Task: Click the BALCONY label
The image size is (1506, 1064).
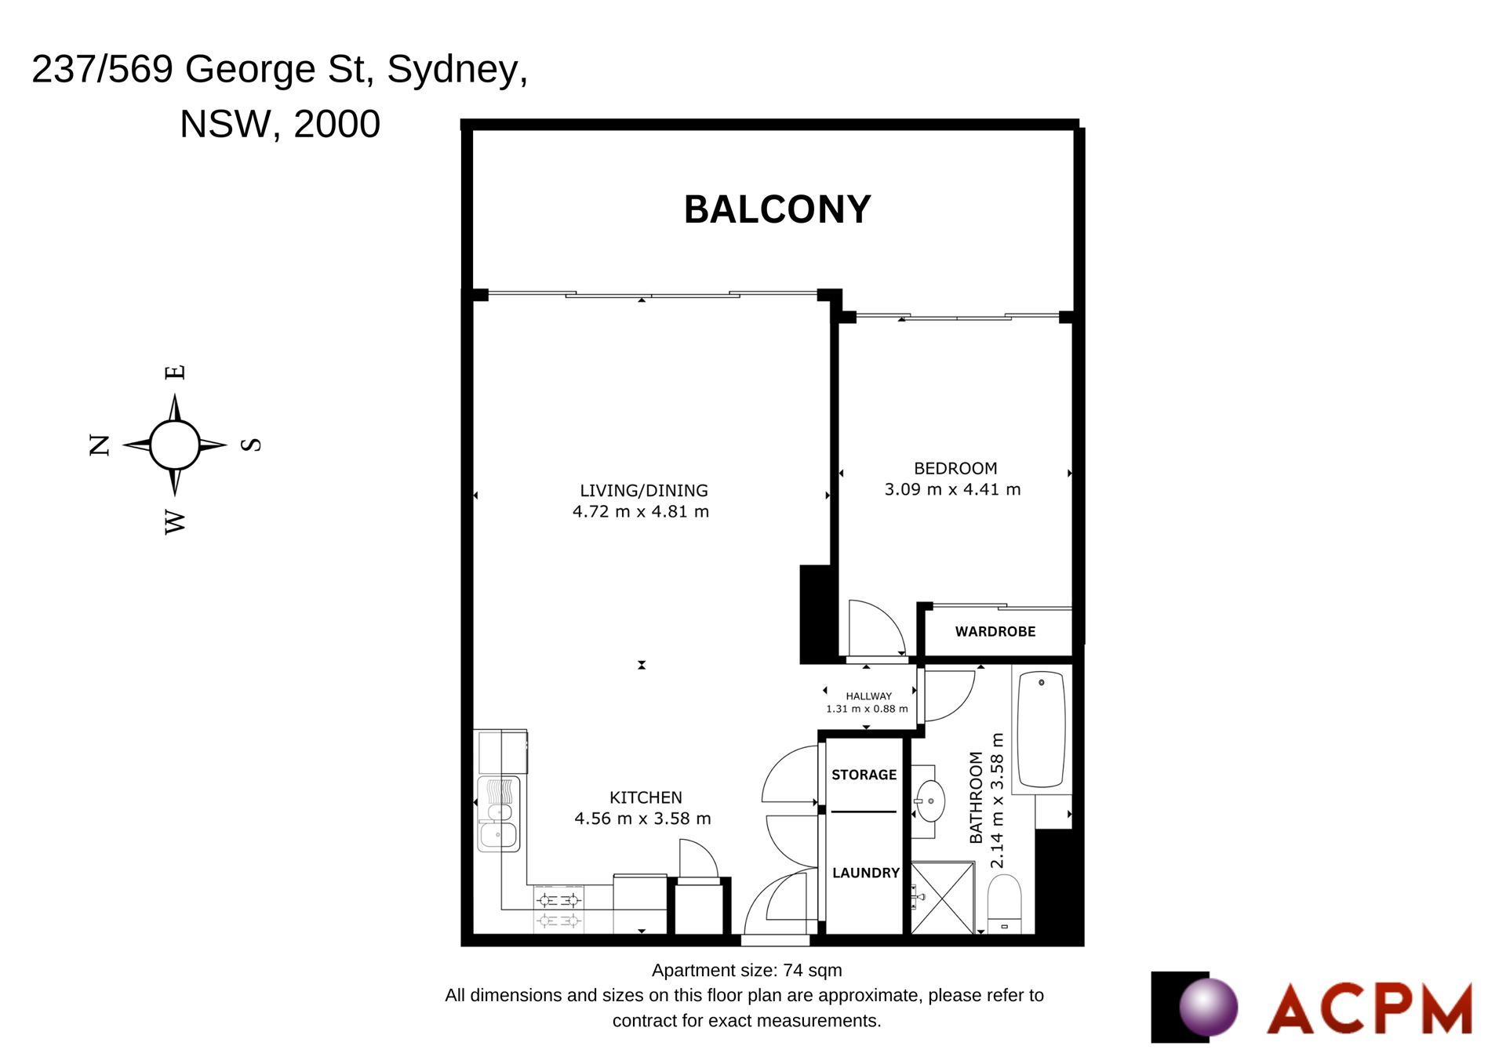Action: click(x=777, y=209)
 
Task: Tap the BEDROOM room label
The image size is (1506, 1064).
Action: click(x=955, y=468)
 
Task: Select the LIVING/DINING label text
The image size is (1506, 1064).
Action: click(x=644, y=491)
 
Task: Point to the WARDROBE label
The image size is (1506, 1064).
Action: click(x=995, y=631)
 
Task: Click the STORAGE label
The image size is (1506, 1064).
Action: click(x=864, y=775)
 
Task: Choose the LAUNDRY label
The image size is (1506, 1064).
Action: click(x=866, y=873)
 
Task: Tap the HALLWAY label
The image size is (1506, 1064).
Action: click(x=868, y=695)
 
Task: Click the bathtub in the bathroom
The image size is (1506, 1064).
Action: click(x=1042, y=730)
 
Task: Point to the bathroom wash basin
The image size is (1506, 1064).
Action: click(x=930, y=801)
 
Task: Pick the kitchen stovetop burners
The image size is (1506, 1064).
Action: click(x=558, y=910)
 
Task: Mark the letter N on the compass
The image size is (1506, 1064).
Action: click(x=100, y=445)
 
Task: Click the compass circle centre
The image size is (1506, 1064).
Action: click(x=174, y=445)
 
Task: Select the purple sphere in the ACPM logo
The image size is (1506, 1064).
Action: click(x=1209, y=1007)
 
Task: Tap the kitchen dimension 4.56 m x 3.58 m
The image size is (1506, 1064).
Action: click(x=642, y=819)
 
